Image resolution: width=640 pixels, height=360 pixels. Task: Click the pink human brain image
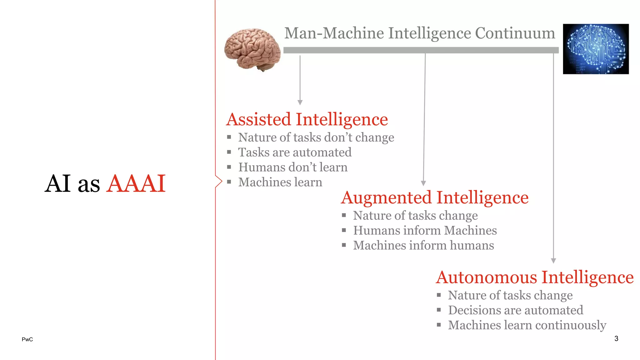252,49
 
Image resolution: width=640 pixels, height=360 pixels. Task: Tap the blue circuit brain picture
596,49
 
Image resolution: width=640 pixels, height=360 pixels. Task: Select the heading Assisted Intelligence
307,119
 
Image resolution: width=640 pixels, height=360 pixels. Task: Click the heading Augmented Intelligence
435,197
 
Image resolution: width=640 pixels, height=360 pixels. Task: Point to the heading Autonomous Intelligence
535,277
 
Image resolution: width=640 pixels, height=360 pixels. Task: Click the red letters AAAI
136,183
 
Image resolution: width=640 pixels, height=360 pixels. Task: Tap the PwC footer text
27,339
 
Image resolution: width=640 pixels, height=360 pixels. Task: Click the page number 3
616,338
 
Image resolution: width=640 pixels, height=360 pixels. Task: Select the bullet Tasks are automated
295,152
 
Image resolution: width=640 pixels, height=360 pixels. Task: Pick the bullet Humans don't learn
293,167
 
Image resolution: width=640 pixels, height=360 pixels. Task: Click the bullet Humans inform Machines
425,231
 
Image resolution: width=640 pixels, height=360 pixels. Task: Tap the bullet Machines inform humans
423,246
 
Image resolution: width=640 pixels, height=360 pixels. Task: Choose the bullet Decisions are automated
516,310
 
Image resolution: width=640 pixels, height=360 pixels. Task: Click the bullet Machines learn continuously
527,325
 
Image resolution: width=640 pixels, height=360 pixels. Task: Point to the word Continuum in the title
515,33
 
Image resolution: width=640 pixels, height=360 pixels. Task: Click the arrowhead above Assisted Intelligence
300,102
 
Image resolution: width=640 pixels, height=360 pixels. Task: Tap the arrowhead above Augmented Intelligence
423,183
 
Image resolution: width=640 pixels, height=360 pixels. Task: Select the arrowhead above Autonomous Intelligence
553,261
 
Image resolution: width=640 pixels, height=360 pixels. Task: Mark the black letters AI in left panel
58,183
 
